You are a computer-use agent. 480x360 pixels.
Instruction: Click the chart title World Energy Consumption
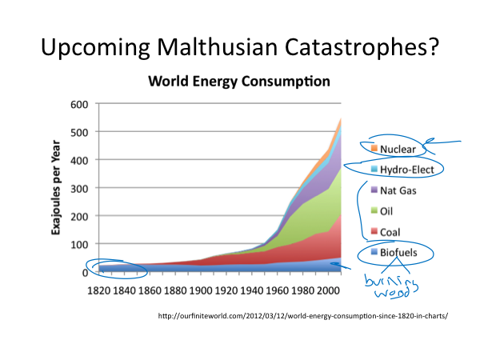[237, 82]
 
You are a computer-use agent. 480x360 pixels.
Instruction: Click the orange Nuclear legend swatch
[374, 150]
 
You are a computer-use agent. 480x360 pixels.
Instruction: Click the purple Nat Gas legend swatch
[374, 191]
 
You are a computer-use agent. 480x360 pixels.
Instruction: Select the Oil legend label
[389, 212]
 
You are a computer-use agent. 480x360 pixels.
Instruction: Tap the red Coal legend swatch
[374, 233]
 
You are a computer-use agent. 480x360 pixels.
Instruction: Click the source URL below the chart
[303, 315]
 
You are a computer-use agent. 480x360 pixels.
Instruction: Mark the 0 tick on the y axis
[83, 272]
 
